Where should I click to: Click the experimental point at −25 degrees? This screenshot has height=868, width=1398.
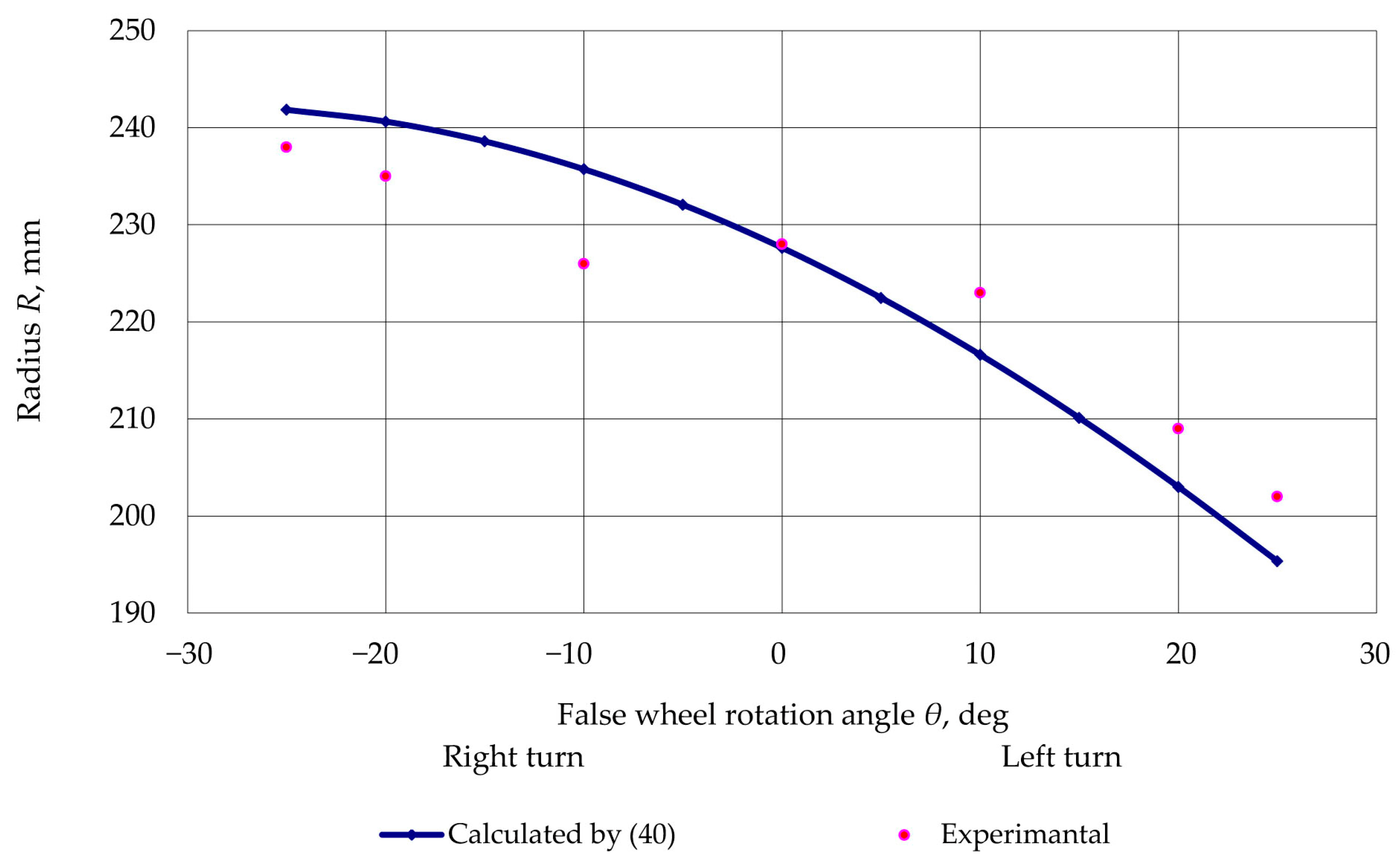[x=286, y=147]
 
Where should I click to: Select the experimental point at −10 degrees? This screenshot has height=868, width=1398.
[x=584, y=263]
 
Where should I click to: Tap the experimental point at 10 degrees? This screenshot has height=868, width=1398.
[x=980, y=293]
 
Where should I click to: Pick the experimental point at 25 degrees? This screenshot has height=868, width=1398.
[x=1277, y=497]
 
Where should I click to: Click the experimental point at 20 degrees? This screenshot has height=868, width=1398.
[x=1178, y=428]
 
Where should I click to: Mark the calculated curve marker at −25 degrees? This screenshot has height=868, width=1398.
[x=286, y=110]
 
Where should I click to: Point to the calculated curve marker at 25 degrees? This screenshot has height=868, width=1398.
[x=1277, y=561]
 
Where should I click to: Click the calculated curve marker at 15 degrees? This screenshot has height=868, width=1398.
[x=1079, y=418]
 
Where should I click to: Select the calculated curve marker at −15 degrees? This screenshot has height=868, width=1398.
[x=484, y=141]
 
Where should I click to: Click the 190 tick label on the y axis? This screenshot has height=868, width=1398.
[x=132, y=613]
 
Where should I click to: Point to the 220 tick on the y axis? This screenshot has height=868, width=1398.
[x=132, y=322]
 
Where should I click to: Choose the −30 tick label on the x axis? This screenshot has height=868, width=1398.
[x=189, y=654]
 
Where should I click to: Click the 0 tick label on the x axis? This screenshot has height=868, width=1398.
[x=778, y=654]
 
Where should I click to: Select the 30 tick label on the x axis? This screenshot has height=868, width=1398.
[x=1375, y=654]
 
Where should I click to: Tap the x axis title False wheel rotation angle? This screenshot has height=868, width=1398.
[x=782, y=715]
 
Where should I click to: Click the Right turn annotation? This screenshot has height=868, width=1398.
[x=513, y=756]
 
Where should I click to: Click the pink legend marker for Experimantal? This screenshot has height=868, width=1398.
[x=904, y=834]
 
